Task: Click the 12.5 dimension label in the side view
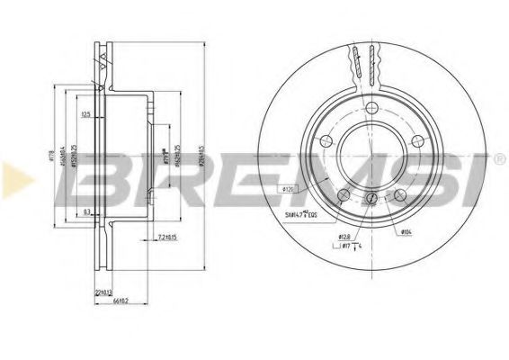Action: coord(87,114)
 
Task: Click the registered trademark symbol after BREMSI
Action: coord(500,158)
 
